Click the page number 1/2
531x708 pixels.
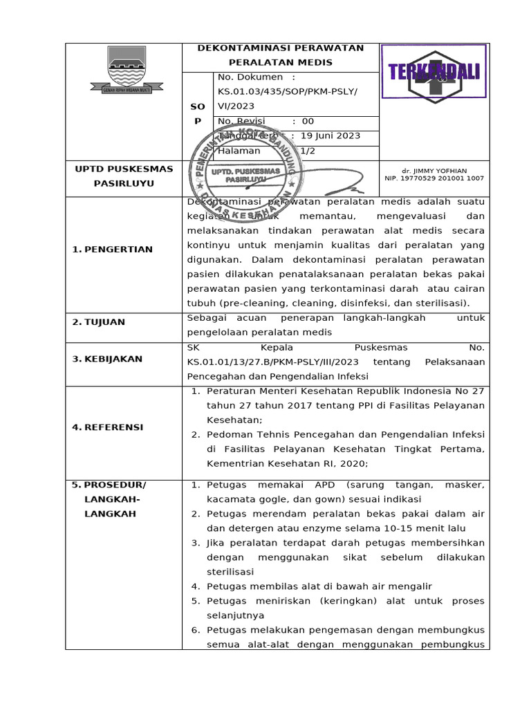point(307,151)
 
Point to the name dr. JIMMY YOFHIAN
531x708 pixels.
point(434,170)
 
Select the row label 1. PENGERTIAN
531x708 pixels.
point(112,249)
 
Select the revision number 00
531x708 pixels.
point(308,121)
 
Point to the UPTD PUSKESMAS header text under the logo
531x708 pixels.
point(123,169)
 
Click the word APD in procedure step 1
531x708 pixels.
point(306,485)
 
